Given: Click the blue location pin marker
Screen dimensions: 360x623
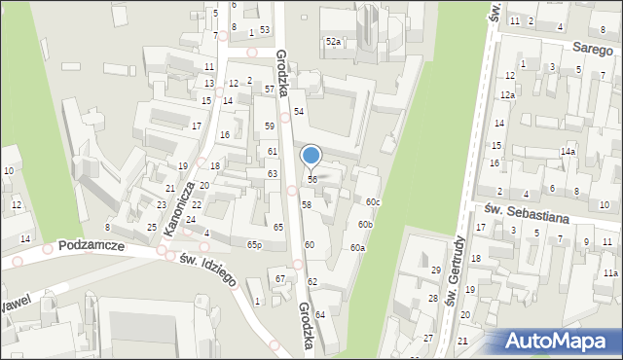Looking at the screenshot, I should click(x=311, y=156).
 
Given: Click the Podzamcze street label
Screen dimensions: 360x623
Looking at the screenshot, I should click(x=91, y=247).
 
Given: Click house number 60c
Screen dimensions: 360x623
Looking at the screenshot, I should click(x=374, y=201).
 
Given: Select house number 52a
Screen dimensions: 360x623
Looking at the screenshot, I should click(x=334, y=42).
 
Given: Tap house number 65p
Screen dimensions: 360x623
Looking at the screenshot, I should click(x=254, y=244).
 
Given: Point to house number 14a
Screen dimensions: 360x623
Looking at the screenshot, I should click(x=568, y=152).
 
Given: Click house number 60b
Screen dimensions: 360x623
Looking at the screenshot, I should click(x=365, y=225).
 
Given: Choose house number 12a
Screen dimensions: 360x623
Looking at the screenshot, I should click(x=507, y=95).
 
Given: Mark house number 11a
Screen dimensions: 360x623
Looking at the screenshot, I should click(x=609, y=273).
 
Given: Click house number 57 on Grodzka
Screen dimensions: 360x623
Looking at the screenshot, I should click(x=270, y=89).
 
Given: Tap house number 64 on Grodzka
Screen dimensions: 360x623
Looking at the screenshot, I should click(x=319, y=314).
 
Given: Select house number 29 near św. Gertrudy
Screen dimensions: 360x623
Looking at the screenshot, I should click(x=435, y=270).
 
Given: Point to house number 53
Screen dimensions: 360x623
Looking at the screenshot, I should click(x=264, y=30).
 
